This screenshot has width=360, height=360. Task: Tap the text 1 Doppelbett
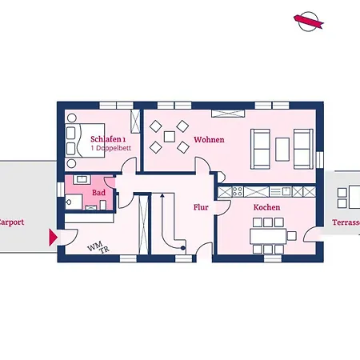(110, 149)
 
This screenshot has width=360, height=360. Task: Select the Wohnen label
(209, 139)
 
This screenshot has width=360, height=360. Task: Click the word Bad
(98, 193)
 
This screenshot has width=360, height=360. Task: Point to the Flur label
(201, 207)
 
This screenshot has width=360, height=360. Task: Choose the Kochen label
(266, 207)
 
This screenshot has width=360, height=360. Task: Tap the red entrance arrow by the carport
(54, 237)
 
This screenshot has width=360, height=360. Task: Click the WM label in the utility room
(93, 246)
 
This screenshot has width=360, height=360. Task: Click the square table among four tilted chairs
(169, 137)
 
